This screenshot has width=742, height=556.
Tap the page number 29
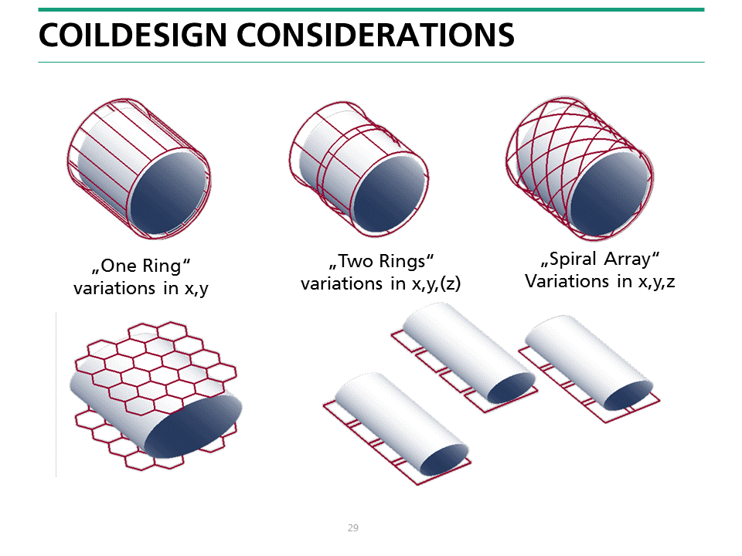(x=353, y=528)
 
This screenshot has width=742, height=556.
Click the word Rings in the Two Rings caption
(x=403, y=261)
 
